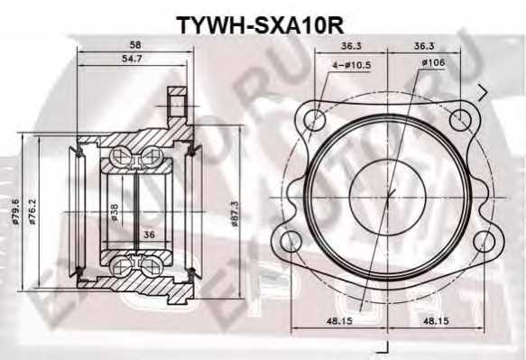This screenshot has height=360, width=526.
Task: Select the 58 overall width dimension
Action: click(134, 44)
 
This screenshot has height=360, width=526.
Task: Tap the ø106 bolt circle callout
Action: click(430, 63)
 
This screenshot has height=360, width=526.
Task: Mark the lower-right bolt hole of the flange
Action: click(484, 242)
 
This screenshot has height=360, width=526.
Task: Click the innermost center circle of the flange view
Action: click(388, 180)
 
